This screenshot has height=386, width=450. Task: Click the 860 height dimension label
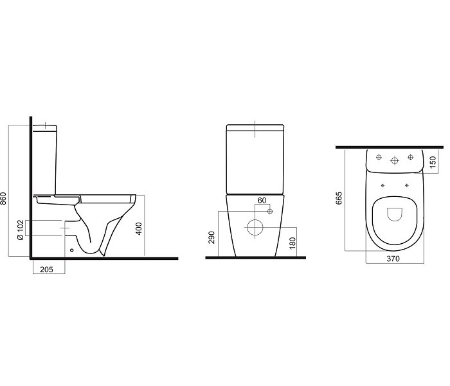pyautogui.click(x=3, y=198)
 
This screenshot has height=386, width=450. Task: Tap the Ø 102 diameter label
pyautogui.click(x=20, y=230)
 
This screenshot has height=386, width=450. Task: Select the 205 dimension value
pyautogui.click(x=46, y=270)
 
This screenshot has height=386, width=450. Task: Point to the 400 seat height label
pyautogui.click(x=139, y=228)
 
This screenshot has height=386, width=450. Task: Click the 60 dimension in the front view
pyautogui.click(x=262, y=201)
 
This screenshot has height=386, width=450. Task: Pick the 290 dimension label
pyautogui.click(x=212, y=237)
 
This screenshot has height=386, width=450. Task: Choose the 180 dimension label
pyautogui.click(x=292, y=243)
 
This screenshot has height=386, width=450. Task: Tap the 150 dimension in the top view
pyautogui.click(x=433, y=161)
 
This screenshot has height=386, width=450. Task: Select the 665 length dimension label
pyautogui.click(x=339, y=198)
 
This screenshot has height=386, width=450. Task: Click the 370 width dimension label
pyautogui.click(x=393, y=259)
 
